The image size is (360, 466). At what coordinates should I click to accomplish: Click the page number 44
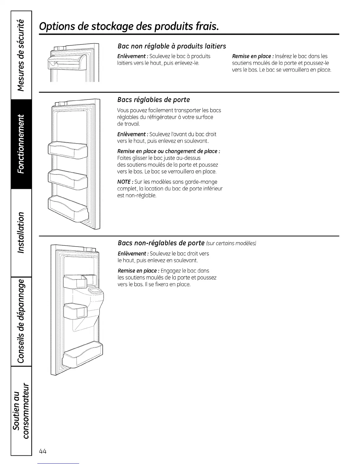tap(43, 451)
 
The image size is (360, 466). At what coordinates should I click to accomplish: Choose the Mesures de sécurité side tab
tap(21, 55)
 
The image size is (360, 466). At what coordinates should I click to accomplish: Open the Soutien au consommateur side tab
tap(21, 410)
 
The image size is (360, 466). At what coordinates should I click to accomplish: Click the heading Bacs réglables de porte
tap(154, 100)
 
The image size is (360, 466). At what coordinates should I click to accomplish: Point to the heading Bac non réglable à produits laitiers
tap(171, 46)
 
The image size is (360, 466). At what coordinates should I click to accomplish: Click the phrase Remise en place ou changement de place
tap(169, 151)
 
